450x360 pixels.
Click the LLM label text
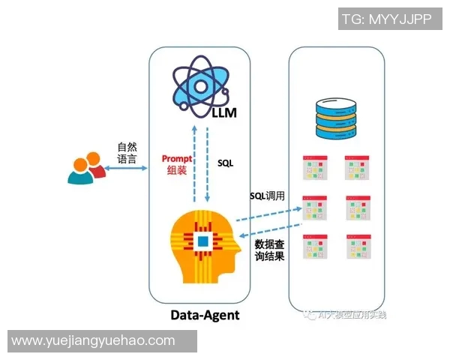(223, 113)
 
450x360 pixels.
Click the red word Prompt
(177, 159)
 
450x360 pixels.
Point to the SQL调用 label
(268, 196)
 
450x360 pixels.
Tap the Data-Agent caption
(205, 315)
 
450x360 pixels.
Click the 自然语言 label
(127, 153)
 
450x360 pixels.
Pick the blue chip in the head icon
(203, 241)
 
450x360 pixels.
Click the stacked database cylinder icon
(336, 120)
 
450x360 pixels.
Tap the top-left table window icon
(314, 168)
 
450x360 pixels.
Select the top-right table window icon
(358, 168)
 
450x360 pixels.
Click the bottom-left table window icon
(314, 247)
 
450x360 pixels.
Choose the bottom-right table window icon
(358, 247)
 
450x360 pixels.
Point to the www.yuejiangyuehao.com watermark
(94, 341)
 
